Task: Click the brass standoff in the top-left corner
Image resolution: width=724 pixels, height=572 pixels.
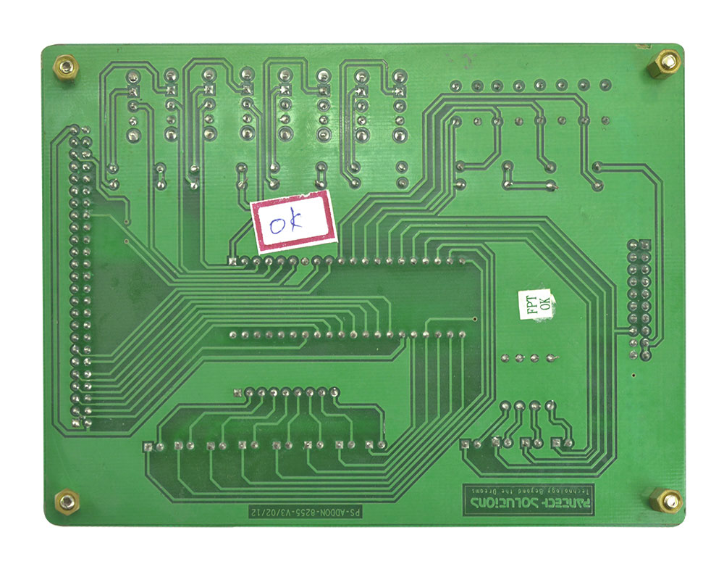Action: pyautogui.click(x=66, y=69)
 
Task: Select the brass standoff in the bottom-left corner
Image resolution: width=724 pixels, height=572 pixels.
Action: pyautogui.click(x=67, y=500)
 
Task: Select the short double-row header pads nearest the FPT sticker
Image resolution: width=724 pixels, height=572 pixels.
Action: pyautogui.click(x=639, y=300)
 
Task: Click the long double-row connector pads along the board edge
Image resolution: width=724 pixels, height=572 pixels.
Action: pyautogui.click(x=79, y=276)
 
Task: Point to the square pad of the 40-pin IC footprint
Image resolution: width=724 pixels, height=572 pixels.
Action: pyautogui.click(x=232, y=260)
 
